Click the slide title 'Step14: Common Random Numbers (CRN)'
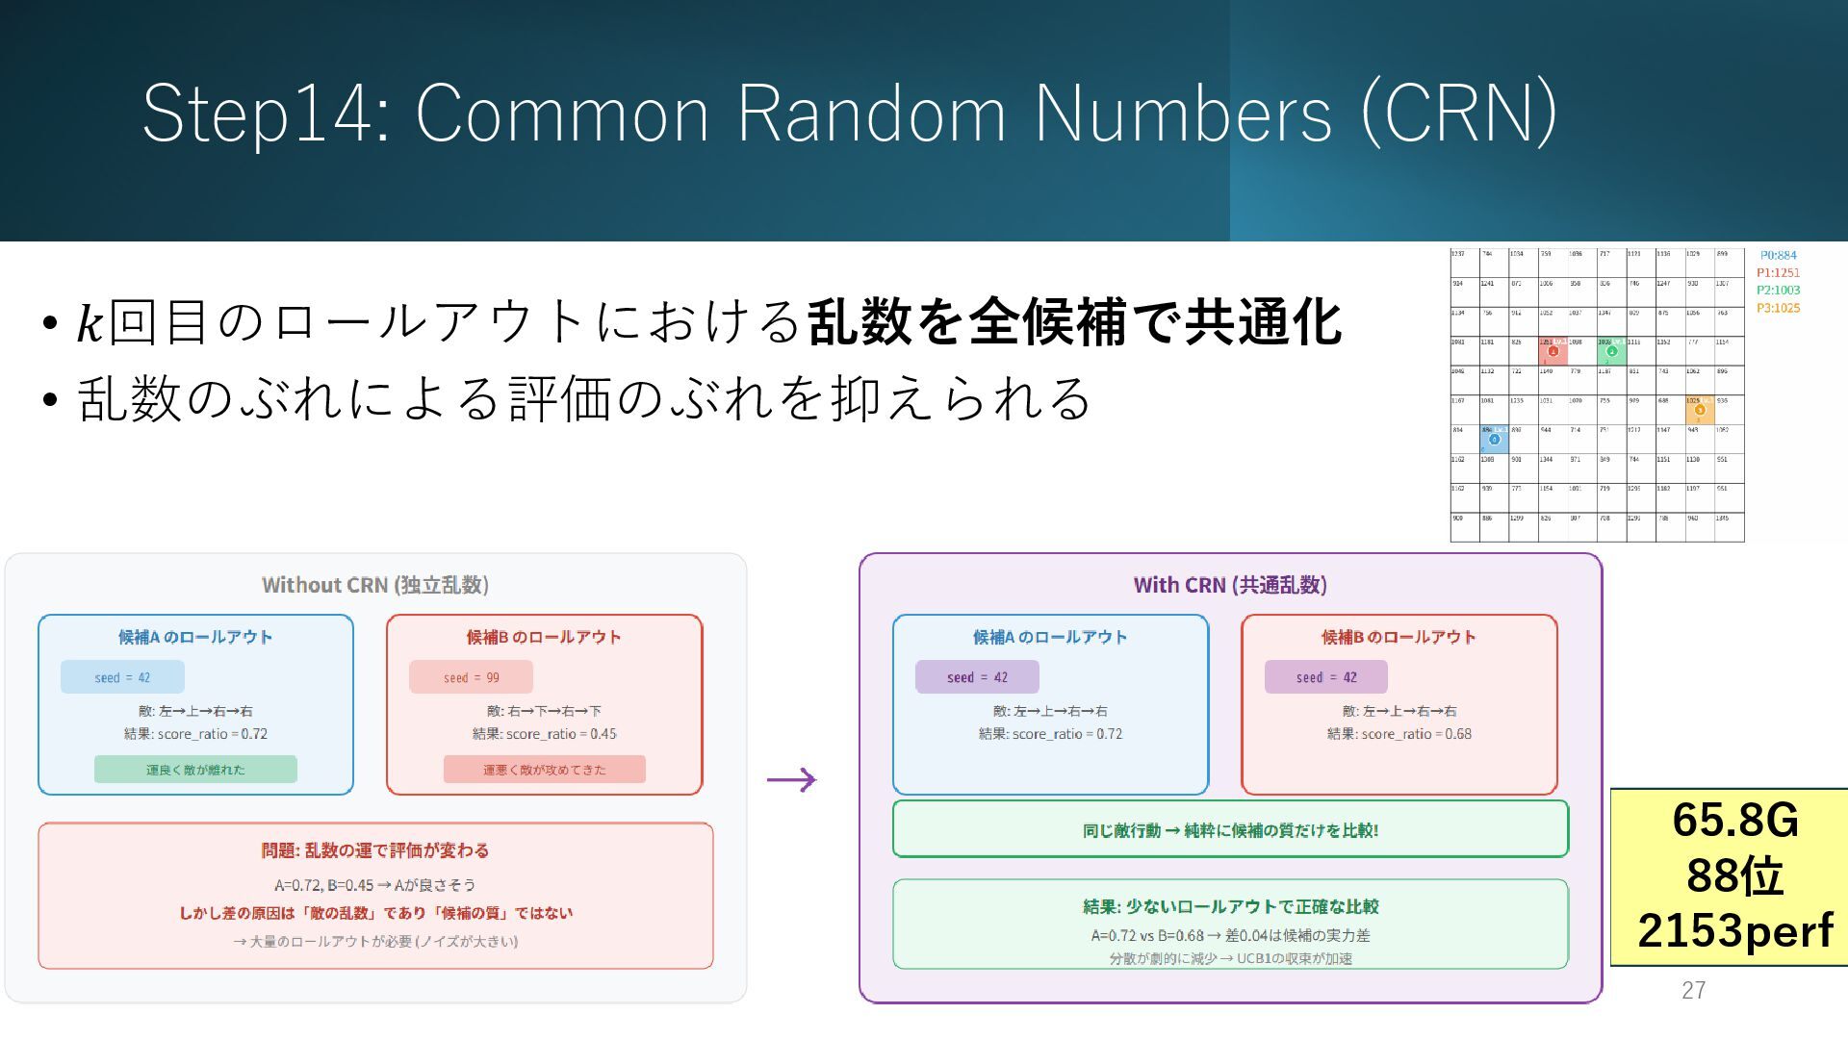tap(849, 114)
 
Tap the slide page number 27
tap(1693, 990)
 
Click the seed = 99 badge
tap(471, 677)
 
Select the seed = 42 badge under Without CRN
tap(122, 677)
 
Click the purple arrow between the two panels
tap(791, 779)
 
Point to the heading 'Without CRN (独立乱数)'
tap(375, 585)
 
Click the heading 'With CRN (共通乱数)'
tap(1230, 585)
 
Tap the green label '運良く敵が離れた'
tap(195, 770)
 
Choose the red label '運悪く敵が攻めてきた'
tap(544, 770)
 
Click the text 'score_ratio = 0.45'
tap(561, 734)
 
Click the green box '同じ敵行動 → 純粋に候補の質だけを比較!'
tap(1230, 829)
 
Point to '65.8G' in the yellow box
tap(1735, 820)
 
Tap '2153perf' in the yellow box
tap(1735, 930)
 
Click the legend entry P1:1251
tap(1778, 272)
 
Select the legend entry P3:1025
tap(1778, 308)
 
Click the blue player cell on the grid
tap(1494, 439)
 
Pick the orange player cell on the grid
tap(1700, 409)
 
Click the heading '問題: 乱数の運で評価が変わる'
tap(375, 850)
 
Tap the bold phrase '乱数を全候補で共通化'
tap(1074, 322)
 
